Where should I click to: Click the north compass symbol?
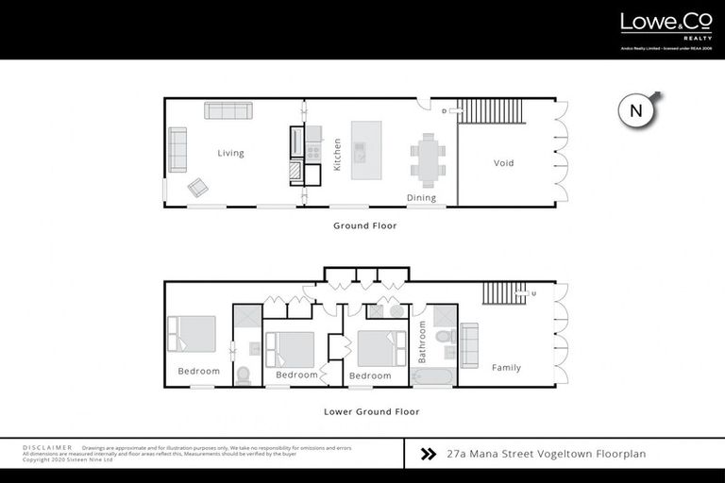(637, 110)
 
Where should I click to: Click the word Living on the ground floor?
(230, 153)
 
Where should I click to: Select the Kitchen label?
(337, 155)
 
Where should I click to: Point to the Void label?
(504, 163)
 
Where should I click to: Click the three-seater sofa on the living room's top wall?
(227, 110)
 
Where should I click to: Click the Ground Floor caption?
(364, 225)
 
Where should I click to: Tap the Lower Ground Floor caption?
(371, 411)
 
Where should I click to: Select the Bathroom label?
(423, 341)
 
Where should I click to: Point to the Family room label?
(506, 368)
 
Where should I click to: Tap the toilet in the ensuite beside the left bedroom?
(244, 375)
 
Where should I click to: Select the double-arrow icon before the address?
(429, 454)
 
